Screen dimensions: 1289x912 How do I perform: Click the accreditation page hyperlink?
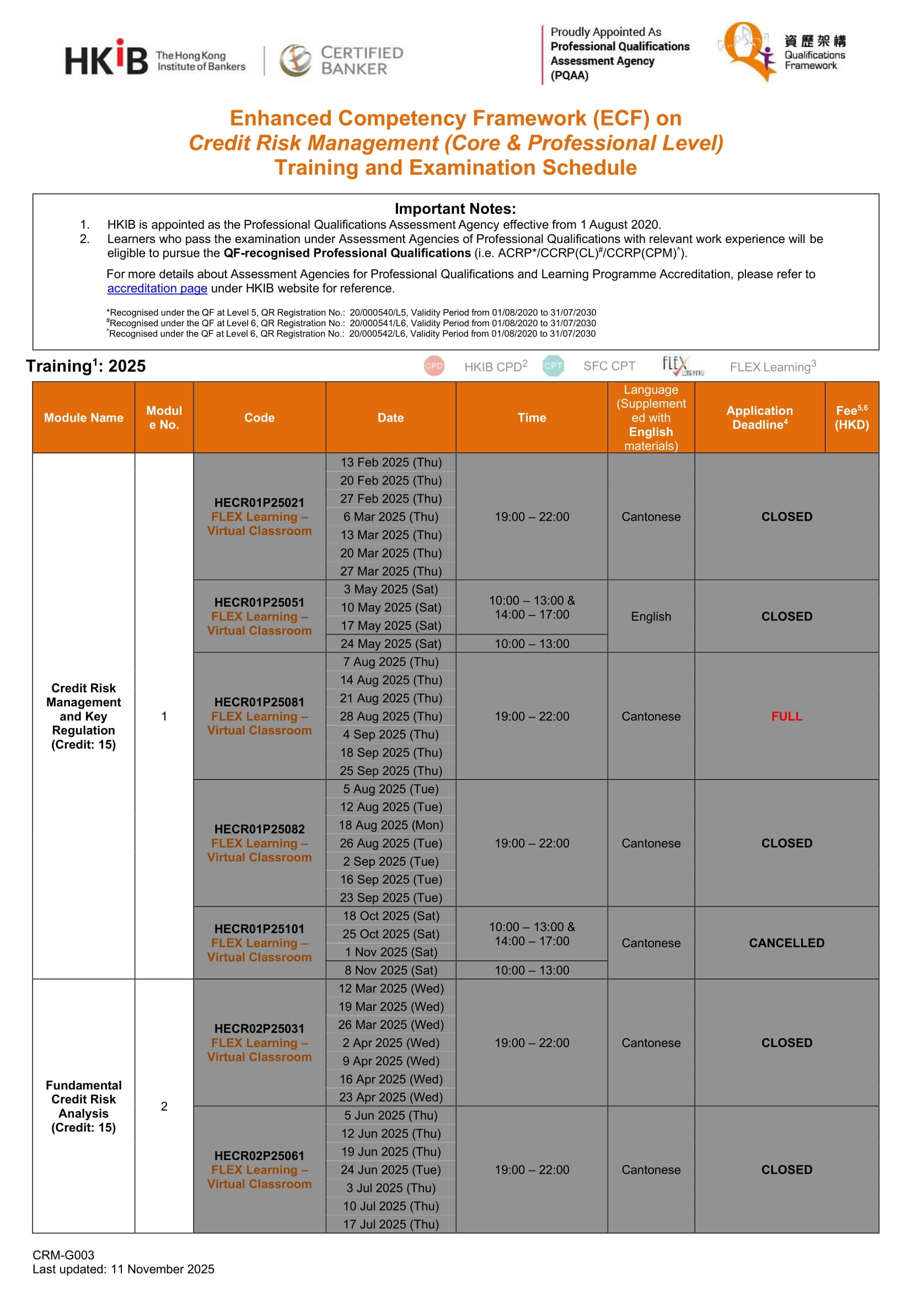click(x=157, y=289)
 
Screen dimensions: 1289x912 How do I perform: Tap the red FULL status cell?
click(x=786, y=716)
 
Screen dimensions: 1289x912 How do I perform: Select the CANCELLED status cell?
click(x=786, y=943)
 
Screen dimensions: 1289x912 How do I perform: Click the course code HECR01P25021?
click(x=259, y=503)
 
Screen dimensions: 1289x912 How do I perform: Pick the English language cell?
click(x=650, y=617)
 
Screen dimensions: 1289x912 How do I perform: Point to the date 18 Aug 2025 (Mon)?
click(x=391, y=826)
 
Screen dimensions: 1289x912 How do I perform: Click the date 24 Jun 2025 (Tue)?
click(x=391, y=1170)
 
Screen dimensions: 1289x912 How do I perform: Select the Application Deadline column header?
click(x=759, y=418)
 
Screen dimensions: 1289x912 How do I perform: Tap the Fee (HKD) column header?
click(x=851, y=418)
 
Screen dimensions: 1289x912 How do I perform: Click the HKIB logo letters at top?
click(x=107, y=59)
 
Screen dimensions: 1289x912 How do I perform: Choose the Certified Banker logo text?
click(x=361, y=61)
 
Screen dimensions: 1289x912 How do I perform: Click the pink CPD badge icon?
click(x=434, y=366)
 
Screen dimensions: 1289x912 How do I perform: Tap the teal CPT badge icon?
click(x=553, y=366)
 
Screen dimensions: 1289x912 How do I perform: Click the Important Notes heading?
click(x=455, y=209)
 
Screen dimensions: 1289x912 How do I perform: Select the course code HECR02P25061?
click(x=259, y=1156)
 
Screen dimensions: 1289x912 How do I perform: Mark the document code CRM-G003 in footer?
click(x=63, y=1255)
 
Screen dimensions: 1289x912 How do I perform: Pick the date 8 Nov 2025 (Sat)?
click(x=391, y=970)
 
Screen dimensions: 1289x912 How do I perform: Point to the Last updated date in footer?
click(x=123, y=1269)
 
